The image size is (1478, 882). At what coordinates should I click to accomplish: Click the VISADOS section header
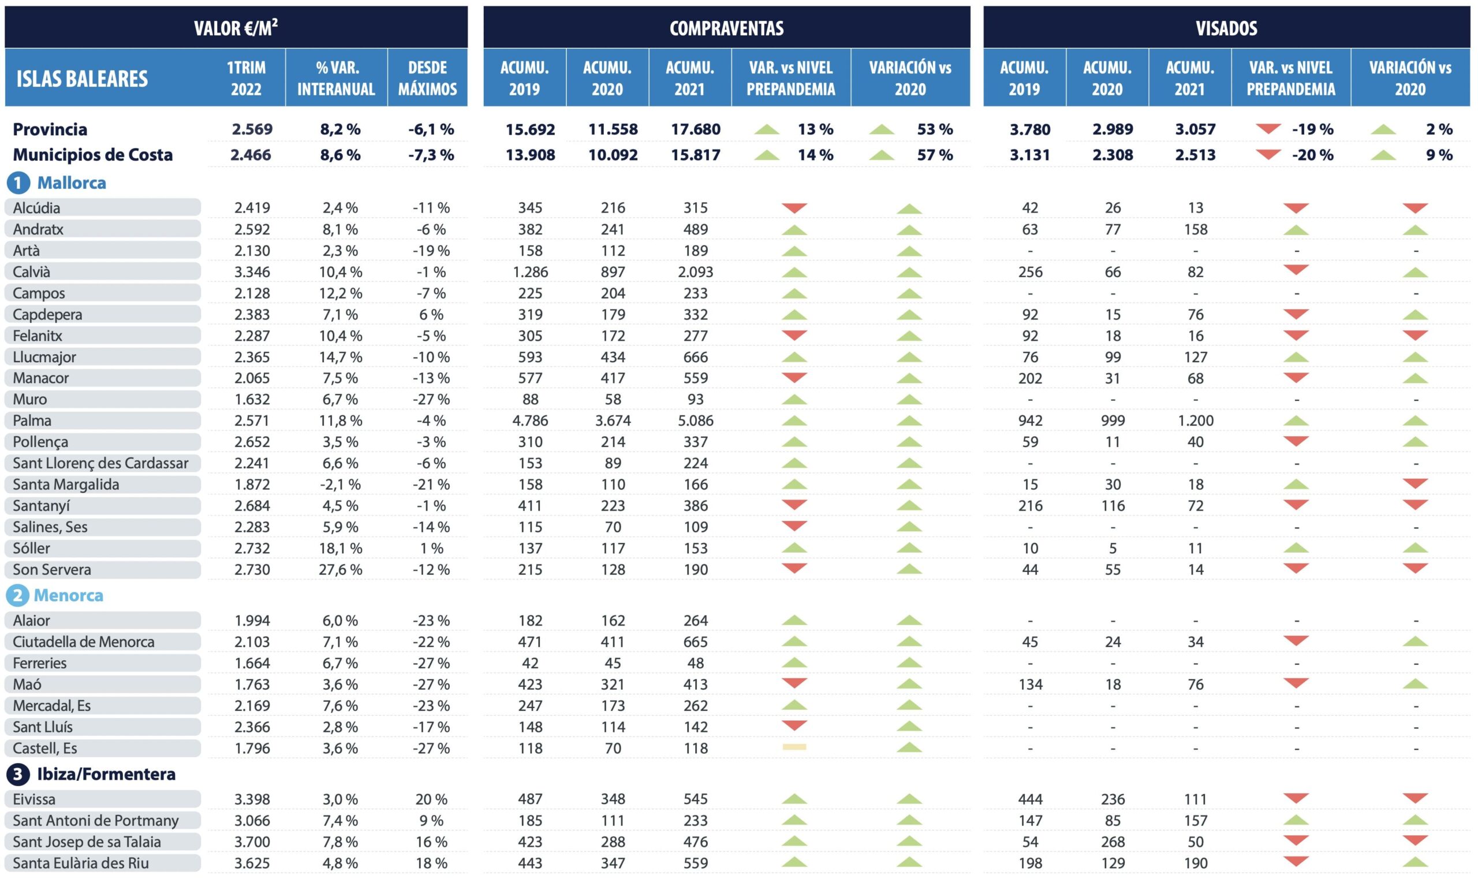point(1226,28)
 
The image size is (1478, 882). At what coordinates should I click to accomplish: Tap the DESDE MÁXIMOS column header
point(427,78)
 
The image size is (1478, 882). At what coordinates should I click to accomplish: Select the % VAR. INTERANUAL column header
point(336,78)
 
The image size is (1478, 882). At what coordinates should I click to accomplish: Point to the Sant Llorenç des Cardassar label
point(100,464)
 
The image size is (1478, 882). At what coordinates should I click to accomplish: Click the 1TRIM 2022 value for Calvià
point(252,272)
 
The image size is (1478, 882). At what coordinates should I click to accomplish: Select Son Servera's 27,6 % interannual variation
point(341,570)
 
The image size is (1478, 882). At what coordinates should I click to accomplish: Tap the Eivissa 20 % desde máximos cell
point(431,799)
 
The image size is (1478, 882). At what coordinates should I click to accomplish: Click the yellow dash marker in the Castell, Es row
point(794,747)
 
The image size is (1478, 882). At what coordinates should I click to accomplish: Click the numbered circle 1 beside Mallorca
point(18,183)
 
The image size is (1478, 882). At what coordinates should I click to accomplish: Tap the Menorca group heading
point(68,596)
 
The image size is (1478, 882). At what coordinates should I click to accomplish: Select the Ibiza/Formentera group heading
point(106,775)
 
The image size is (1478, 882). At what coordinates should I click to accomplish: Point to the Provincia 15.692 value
point(530,129)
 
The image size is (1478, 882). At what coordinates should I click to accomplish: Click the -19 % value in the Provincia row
point(1312,129)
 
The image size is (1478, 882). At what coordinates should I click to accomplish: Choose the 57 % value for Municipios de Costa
point(935,155)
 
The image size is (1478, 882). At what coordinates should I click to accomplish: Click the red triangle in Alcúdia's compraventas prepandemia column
point(794,207)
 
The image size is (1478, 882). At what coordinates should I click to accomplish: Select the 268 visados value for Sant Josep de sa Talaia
point(1113,842)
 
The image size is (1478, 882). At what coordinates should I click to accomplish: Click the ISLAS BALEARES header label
point(82,79)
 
